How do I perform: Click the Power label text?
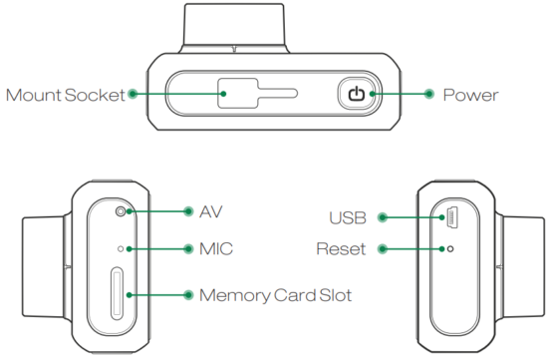470,96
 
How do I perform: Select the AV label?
212,211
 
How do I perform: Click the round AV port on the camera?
122,211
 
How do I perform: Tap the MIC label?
216,247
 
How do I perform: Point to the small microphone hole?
122,247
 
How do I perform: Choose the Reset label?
342,247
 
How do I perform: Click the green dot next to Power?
428,95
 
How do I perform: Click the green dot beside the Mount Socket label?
134,95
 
